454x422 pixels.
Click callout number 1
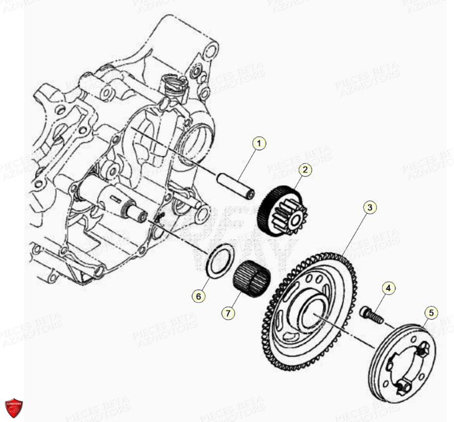point(259,143)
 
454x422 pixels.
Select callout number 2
point(305,169)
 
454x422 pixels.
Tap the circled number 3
point(370,207)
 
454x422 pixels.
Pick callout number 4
point(388,288)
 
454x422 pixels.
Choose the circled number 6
point(198,297)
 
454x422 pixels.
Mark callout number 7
point(229,313)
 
